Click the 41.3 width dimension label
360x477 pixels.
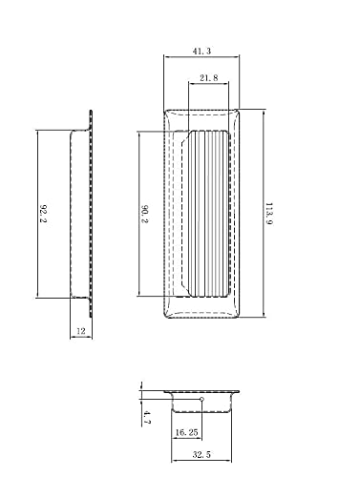[x=201, y=51]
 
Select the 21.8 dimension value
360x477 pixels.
[x=209, y=77]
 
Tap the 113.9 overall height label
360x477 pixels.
[x=269, y=214]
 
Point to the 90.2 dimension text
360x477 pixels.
[x=144, y=214]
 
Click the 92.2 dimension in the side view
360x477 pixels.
[x=43, y=214]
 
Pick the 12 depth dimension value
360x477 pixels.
[x=81, y=331]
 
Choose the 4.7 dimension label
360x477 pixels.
[x=147, y=417]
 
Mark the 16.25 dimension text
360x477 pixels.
[x=186, y=432]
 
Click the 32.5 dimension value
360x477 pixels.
[x=201, y=454]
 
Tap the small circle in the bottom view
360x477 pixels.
[x=201, y=399]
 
